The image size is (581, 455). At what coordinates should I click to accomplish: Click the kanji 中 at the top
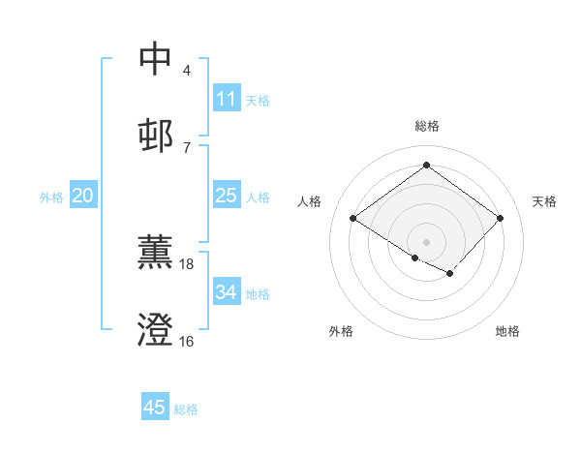[x=156, y=59]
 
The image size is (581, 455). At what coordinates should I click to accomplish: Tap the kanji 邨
[x=156, y=136]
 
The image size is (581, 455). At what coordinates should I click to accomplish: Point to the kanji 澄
[x=156, y=330]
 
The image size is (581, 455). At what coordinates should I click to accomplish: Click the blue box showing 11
[x=227, y=99]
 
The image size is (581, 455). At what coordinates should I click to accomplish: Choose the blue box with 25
[x=227, y=197]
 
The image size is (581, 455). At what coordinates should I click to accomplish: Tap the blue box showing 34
[x=227, y=292]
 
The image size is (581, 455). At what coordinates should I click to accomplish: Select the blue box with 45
[x=155, y=408]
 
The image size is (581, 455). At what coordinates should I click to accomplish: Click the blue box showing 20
[x=83, y=197]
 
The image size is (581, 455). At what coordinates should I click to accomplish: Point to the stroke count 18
[x=187, y=263]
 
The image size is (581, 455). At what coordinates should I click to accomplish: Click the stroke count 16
[x=187, y=341]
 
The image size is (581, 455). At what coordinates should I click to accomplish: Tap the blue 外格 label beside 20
[x=51, y=197]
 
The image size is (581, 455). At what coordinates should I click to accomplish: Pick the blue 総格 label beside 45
[x=186, y=409]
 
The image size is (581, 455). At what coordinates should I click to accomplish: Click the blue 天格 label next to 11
[x=258, y=100]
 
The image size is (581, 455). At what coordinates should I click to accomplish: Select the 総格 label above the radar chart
[x=427, y=126]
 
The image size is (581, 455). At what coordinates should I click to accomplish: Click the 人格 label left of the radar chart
[x=310, y=201]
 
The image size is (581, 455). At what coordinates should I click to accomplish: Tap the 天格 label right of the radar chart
[x=544, y=201]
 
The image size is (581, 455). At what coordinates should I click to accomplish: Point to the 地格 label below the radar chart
[x=507, y=331]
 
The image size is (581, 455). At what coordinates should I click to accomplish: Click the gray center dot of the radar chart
[x=427, y=241]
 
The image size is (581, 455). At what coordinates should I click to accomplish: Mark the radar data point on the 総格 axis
[x=427, y=166]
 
